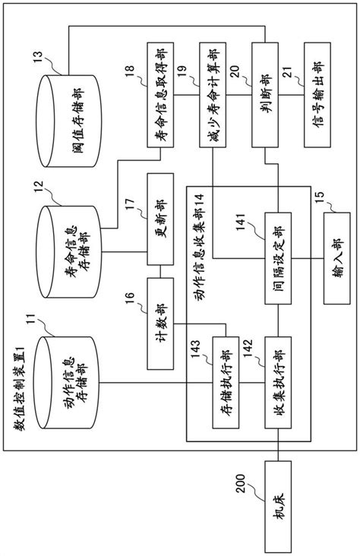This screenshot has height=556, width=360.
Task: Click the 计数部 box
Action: [x=161, y=322]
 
